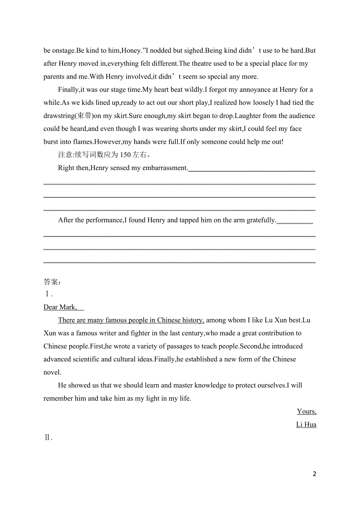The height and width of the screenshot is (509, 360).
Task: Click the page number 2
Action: click(x=314, y=474)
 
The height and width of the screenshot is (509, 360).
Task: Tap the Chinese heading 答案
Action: click(x=51, y=281)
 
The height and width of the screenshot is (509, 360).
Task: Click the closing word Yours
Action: click(x=306, y=411)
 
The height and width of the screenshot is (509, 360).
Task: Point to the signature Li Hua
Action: click(x=306, y=425)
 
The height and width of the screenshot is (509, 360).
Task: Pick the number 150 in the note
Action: click(x=125, y=155)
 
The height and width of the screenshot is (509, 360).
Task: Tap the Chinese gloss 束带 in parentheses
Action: click(x=85, y=116)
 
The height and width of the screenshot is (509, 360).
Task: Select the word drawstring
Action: click(x=59, y=116)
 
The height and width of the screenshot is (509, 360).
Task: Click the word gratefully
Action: click(x=261, y=220)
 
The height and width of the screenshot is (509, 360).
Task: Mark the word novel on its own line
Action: click(x=52, y=373)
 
